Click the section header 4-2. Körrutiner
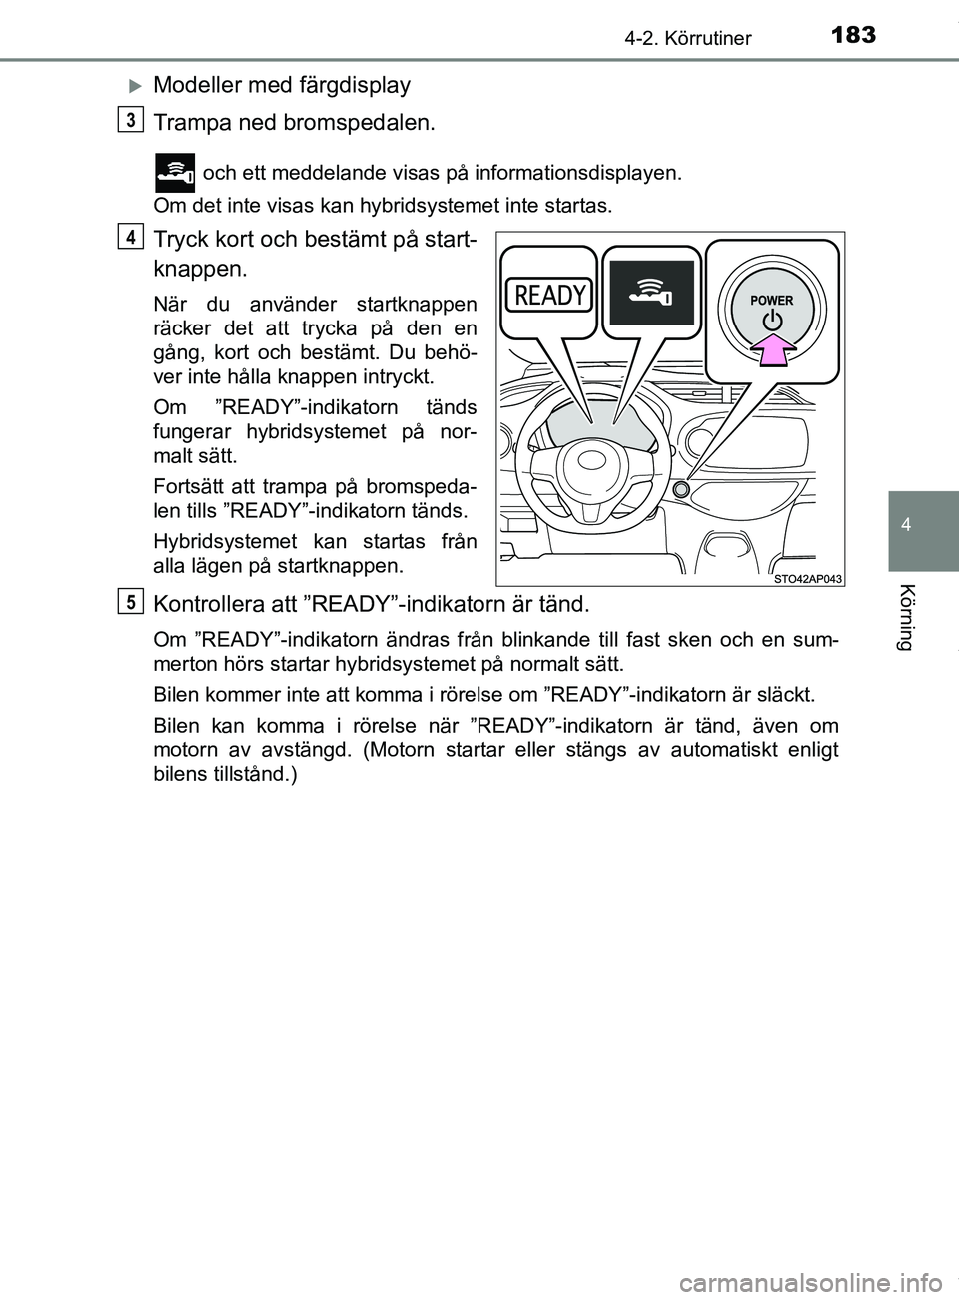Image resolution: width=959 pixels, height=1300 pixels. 688,39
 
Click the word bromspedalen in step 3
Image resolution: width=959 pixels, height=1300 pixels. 377,123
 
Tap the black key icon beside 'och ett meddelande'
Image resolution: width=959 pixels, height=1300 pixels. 175,172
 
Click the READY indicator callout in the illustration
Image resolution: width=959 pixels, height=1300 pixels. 550,295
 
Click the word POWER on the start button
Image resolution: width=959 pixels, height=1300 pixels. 771,300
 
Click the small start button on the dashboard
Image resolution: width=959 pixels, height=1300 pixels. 681,490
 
